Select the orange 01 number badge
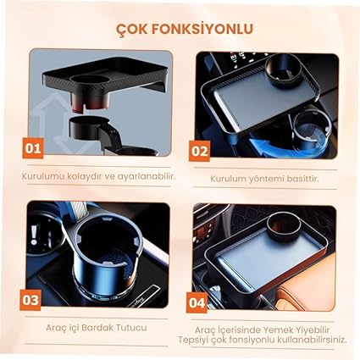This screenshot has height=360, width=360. pos(33,148)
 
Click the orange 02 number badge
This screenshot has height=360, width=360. pos(199,151)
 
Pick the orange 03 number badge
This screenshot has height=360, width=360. pos(30,300)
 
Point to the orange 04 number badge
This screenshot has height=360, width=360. pos(197,302)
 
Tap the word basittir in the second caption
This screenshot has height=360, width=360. pos(302,179)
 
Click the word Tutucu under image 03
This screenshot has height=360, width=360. pos(130,328)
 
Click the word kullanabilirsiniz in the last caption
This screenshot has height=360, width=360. pos(312,340)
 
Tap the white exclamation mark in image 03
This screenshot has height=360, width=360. pos(34,235)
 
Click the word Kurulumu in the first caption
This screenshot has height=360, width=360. pos(43,177)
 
